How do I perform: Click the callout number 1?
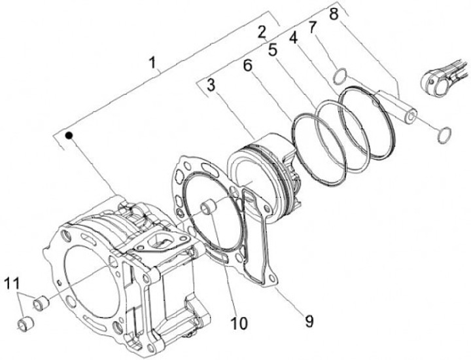(x=153, y=63)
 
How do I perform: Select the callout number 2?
(x=261, y=31)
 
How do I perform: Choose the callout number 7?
(x=313, y=27)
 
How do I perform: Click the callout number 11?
(x=11, y=283)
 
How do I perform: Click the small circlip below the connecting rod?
(x=444, y=135)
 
